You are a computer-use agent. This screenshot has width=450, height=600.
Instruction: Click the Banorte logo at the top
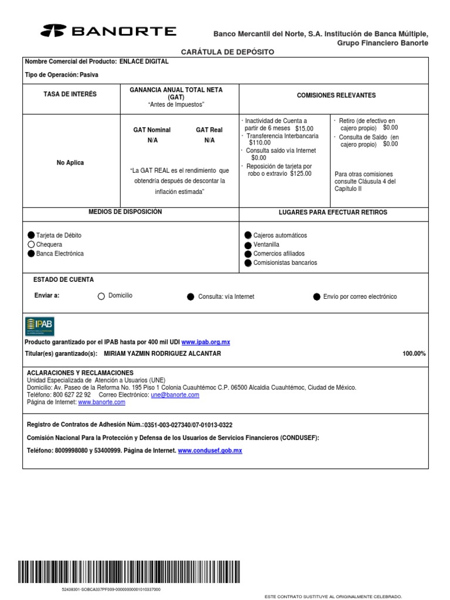pos(108,31)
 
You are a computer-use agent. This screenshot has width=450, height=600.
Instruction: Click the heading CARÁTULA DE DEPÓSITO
pos(227,52)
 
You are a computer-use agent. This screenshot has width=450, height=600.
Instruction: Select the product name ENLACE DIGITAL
pos(144,62)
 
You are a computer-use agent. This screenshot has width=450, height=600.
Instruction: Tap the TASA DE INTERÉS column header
pos(70,94)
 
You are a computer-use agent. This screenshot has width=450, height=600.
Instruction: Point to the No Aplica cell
pos(70,162)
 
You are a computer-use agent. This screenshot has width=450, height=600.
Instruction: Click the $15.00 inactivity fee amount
pos(304,128)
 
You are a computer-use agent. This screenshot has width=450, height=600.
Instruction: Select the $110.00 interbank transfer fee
pos(260,142)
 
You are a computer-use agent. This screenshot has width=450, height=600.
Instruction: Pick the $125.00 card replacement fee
pos(301,173)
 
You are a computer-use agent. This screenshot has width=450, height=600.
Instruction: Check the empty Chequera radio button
pos(31,244)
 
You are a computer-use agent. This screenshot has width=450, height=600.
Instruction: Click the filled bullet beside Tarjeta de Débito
pos(31,235)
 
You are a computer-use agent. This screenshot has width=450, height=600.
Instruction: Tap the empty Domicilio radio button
pos(101,296)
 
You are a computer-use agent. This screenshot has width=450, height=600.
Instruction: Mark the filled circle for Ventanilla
pos(248,244)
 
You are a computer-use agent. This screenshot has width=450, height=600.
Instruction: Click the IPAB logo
pos(39,326)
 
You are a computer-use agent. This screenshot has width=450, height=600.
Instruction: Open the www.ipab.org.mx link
pos(206,342)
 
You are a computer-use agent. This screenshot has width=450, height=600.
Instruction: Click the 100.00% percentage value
pos(414,354)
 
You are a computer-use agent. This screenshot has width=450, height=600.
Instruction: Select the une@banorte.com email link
pos(175,395)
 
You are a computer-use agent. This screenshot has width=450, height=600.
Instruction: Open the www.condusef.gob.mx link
pos(210,451)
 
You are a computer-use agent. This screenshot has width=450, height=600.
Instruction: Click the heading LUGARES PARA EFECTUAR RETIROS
pos(333,212)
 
